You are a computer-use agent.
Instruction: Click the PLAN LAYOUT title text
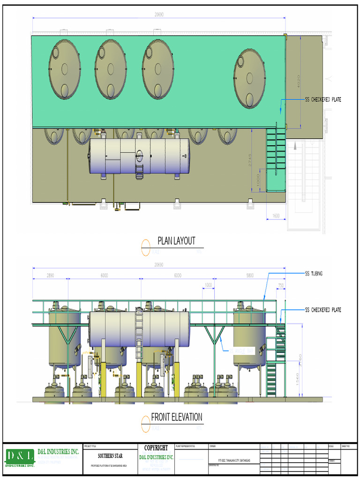pos(176,241)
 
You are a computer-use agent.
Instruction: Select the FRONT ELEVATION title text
pos(176,417)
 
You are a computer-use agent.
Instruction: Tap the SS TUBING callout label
pos(314,273)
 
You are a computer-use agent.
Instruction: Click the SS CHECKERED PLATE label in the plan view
pos(323,99)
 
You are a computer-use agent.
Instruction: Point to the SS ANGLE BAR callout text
pos(241,351)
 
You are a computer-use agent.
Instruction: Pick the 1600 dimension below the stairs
pos(276,216)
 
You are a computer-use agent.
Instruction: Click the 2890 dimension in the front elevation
pos(50,276)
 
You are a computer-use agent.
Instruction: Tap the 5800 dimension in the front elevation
pos(250,276)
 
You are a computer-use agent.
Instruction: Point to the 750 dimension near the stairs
pos(281,285)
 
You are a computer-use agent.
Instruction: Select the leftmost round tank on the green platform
pos(65,69)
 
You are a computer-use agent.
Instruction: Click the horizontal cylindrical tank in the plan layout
pos(140,156)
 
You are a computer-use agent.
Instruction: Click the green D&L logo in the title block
pos(20,456)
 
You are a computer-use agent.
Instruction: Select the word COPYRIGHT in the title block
pos(156,448)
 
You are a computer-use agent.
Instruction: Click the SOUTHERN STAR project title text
pos(111,456)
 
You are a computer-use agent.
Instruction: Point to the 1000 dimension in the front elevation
pos(209,285)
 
